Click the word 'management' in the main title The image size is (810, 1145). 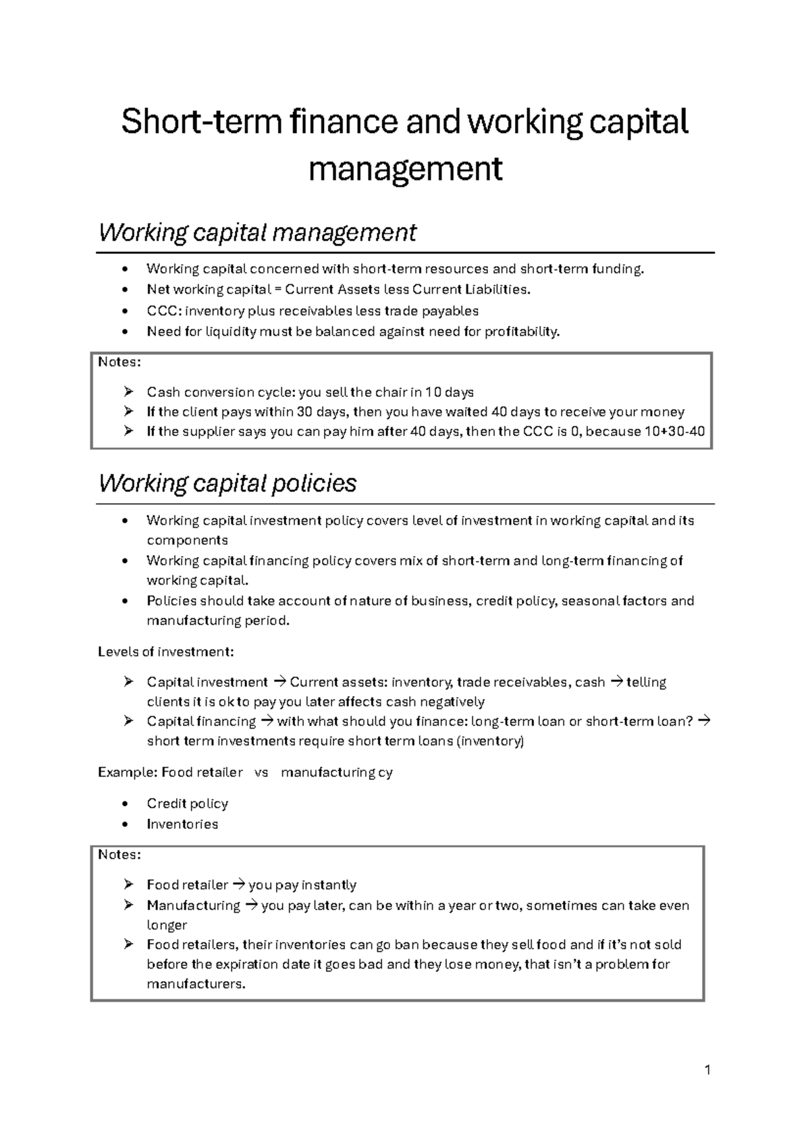pos(405,169)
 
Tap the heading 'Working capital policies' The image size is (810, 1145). pos(227,483)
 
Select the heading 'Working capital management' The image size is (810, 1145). pos(257,232)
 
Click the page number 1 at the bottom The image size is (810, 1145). pos(707,1070)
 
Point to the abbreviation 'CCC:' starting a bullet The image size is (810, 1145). pos(164,311)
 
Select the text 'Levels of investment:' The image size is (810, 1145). pos(166,651)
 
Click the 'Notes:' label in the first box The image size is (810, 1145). pos(119,362)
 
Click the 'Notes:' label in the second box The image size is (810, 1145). pos(119,855)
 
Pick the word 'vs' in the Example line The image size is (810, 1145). pos(261,772)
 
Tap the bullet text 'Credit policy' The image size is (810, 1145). pos(187,803)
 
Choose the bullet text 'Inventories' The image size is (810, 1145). pos(182,824)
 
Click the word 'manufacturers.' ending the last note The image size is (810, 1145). pos(196,984)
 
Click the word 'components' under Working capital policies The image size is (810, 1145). pos(187,540)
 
